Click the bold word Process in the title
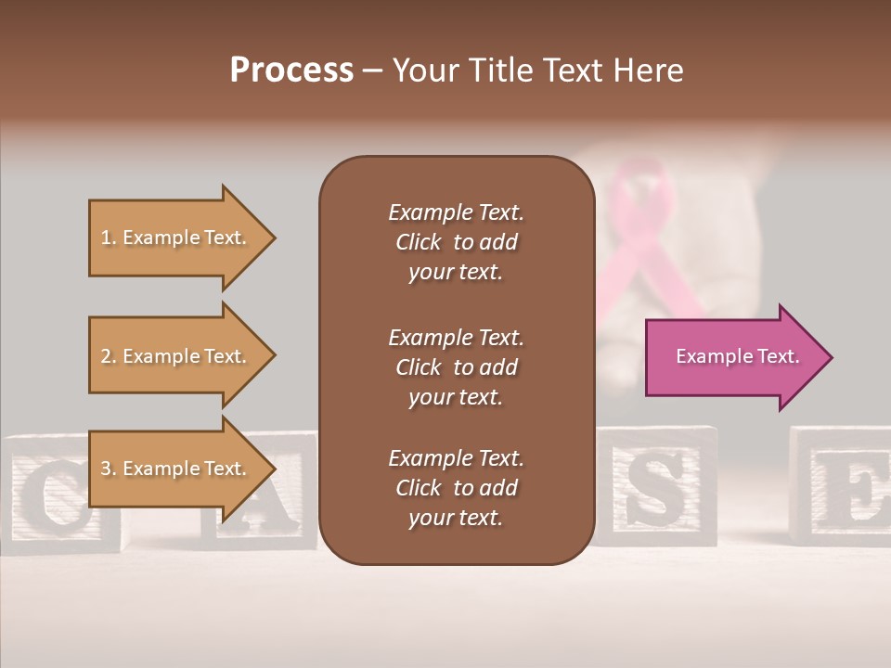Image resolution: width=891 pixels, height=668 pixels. (x=291, y=71)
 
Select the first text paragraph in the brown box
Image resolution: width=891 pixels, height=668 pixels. (x=456, y=242)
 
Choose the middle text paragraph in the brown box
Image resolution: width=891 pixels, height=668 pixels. (x=456, y=366)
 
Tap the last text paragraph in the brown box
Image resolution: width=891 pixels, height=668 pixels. (x=456, y=488)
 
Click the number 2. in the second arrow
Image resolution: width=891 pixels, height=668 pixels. (x=109, y=356)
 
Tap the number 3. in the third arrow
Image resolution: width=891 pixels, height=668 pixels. (x=109, y=469)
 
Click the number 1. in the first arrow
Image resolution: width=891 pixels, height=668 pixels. (x=108, y=238)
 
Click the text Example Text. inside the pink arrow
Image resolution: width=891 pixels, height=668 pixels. (x=737, y=356)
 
